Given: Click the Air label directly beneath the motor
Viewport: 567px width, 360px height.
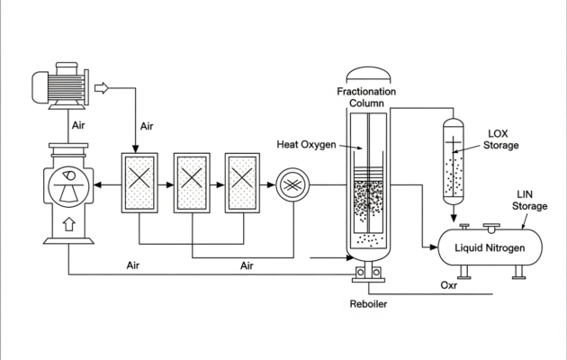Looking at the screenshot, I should coord(79,126).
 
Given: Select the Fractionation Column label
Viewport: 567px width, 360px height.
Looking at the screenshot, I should coord(367,97).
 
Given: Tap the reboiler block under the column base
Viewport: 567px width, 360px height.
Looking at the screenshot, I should coord(367,273).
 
